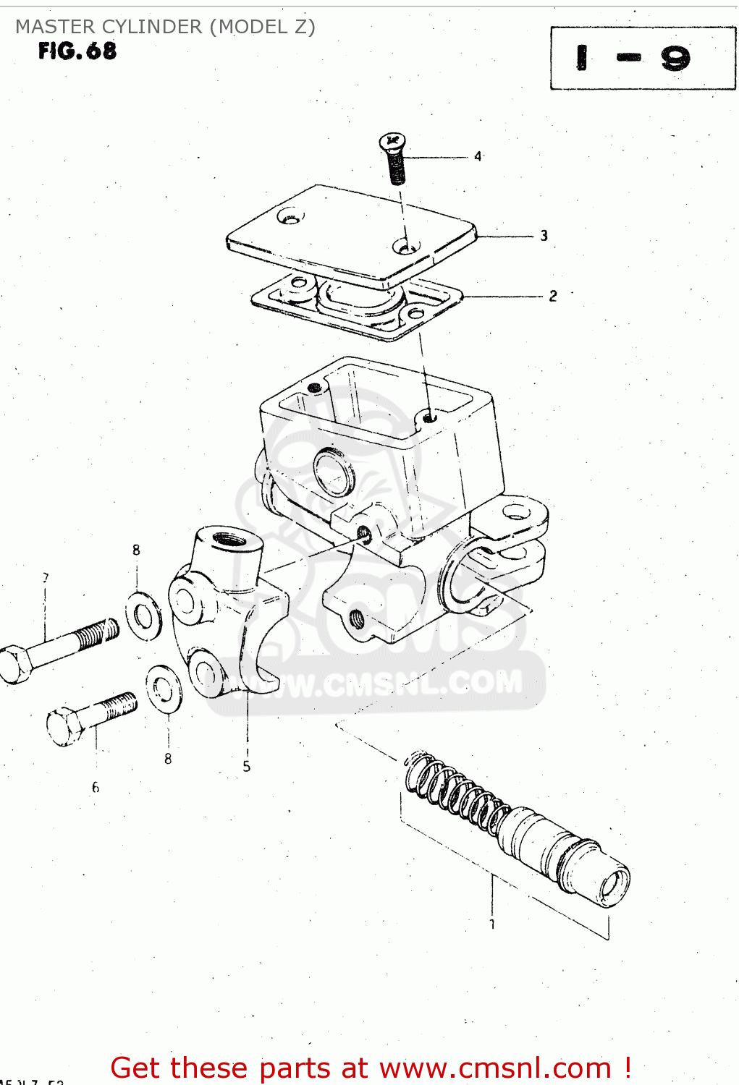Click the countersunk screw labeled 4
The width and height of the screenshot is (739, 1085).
click(x=394, y=158)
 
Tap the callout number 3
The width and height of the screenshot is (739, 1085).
click(x=544, y=236)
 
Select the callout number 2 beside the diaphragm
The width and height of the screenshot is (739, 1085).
click(x=553, y=296)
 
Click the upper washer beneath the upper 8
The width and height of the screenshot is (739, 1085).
click(x=143, y=615)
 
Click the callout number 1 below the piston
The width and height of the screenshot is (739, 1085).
click(x=492, y=924)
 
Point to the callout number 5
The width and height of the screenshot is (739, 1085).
click(x=247, y=767)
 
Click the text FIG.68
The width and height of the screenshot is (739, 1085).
click(x=77, y=51)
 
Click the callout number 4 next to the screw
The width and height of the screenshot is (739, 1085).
click(x=478, y=156)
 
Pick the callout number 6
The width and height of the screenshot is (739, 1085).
click(x=96, y=788)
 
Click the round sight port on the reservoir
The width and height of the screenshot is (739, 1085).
click(x=334, y=471)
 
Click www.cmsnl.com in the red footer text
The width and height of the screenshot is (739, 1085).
click(x=495, y=1068)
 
